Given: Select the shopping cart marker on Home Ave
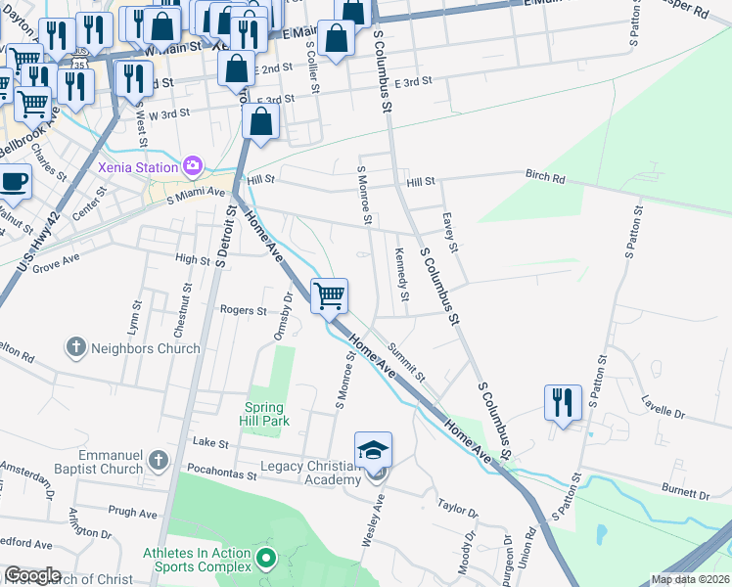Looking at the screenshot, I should [x=330, y=294].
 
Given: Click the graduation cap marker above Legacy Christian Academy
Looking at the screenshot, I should [x=373, y=449].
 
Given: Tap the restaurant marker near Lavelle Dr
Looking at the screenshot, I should [x=563, y=402].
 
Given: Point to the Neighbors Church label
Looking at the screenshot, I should [x=145, y=347].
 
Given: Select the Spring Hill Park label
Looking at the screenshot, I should [x=263, y=414].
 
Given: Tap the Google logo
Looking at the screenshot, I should [x=32, y=575].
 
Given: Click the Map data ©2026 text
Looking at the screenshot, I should [x=690, y=579].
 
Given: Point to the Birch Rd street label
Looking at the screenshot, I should [x=545, y=179].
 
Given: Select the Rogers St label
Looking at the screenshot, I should [x=243, y=310].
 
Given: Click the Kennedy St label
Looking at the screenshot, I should [x=401, y=274].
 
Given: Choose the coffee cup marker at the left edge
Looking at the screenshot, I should [x=14, y=181].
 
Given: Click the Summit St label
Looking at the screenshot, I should [x=406, y=361].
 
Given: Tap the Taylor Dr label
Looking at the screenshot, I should [x=458, y=510].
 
